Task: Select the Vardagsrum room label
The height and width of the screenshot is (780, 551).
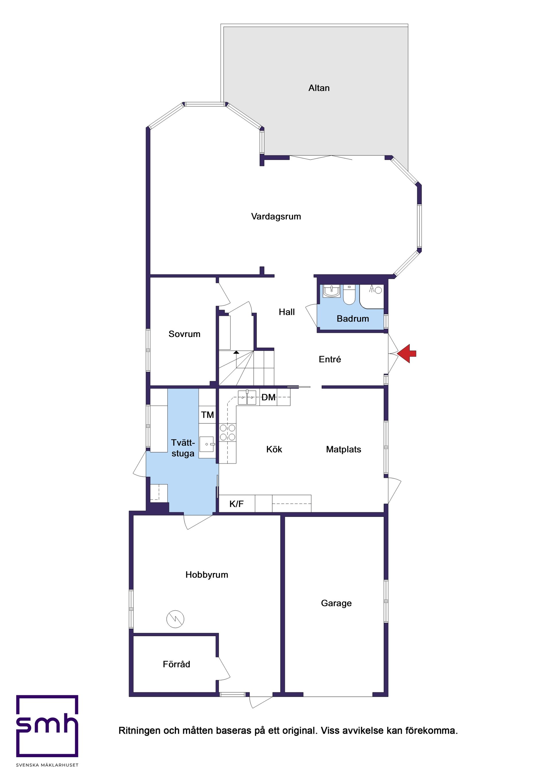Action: (x=276, y=216)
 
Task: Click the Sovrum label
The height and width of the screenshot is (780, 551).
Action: (x=184, y=334)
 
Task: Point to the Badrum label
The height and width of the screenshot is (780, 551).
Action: (x=353, y=319)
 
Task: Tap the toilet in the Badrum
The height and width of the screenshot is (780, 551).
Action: (x=349, y=295)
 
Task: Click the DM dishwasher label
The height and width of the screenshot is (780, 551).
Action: (x=268, y=397)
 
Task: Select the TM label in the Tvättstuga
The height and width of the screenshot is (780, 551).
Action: (x=207, y=415)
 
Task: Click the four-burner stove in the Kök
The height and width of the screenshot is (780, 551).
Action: (x=227, y=432)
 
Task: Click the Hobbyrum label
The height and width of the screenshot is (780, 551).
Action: (x=207, y=574)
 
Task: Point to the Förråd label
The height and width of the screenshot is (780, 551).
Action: (x=176, y=664)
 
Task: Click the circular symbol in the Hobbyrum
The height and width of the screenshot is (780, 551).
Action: (x=175, y=619)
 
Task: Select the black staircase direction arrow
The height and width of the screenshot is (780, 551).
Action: (x=236, y=352)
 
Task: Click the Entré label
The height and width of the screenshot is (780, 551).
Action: (x=329, y=359)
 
